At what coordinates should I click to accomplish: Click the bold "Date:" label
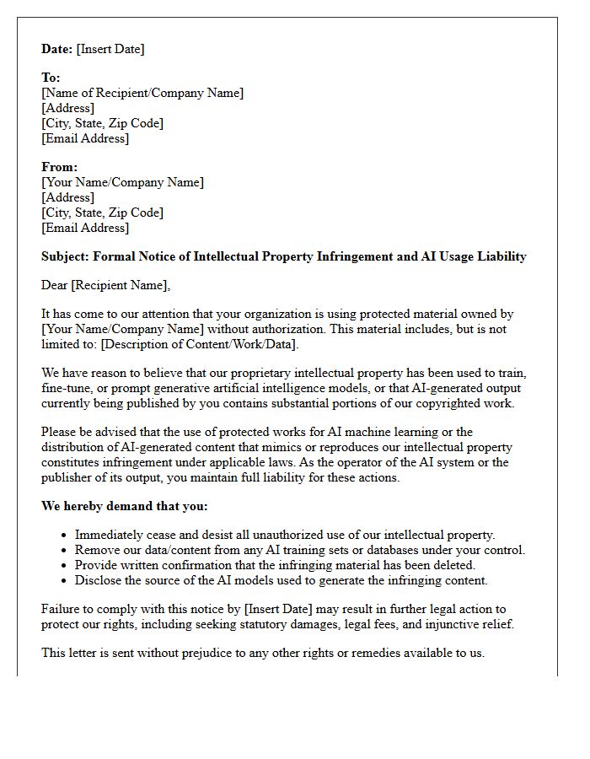pyautogui.click(x=56, y=49)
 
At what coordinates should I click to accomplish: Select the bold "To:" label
pyautogui.click(x=51, y=78)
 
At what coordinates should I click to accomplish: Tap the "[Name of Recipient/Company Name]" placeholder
pyautogui.click(x=142, y=93)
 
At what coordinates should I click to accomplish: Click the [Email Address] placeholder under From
pyautogui.click(x=85, y=228)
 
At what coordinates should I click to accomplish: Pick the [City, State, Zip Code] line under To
pyautogui.click(x=102, y=123)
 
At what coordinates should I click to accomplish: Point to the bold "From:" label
pyautogui.click(x=59, y=167)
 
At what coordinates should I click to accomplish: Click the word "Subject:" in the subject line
pyautogui.click(x=65, y=256)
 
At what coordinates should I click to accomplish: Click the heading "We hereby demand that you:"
pyautogui.click(x=124, y=506)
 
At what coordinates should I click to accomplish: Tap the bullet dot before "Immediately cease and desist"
pyautogui.click(x=65, y=536)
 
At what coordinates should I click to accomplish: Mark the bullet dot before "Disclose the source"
pyautogui.click(x=65, y=581)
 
